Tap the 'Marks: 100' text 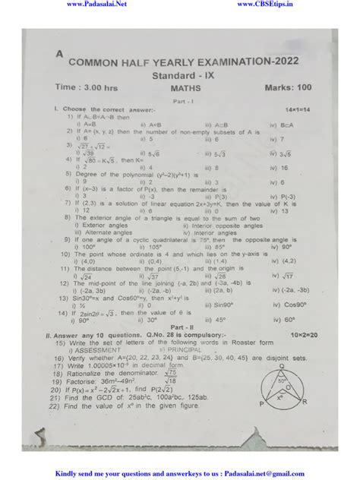[293, 88]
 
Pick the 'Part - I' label [181, 101]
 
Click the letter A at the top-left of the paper [59, 54]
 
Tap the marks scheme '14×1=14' [296, 111]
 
